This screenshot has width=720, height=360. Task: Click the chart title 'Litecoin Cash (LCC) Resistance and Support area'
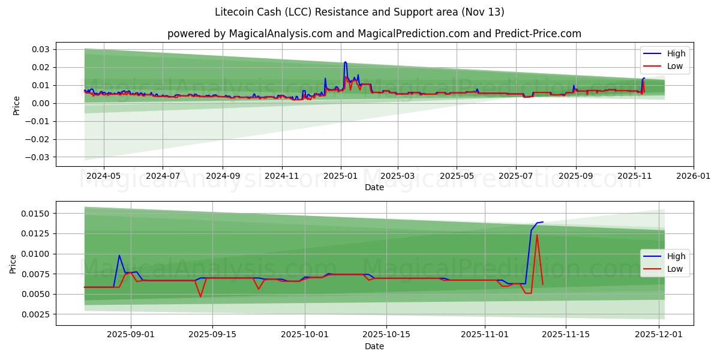point(359,12)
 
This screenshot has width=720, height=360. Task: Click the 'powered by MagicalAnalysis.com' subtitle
point(374,34)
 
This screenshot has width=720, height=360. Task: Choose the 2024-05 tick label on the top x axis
point(104,177)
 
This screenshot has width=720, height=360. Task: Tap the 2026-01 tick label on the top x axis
point(694,177)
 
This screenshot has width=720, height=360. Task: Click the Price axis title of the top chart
point(16,105)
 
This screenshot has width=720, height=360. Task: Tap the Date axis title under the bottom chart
point(374,346)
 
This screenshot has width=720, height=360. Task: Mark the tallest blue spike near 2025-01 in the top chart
point(345,62)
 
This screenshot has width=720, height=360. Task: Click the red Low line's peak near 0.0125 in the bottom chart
point(537,235)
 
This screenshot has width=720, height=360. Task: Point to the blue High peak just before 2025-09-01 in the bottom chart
point(119,256)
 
